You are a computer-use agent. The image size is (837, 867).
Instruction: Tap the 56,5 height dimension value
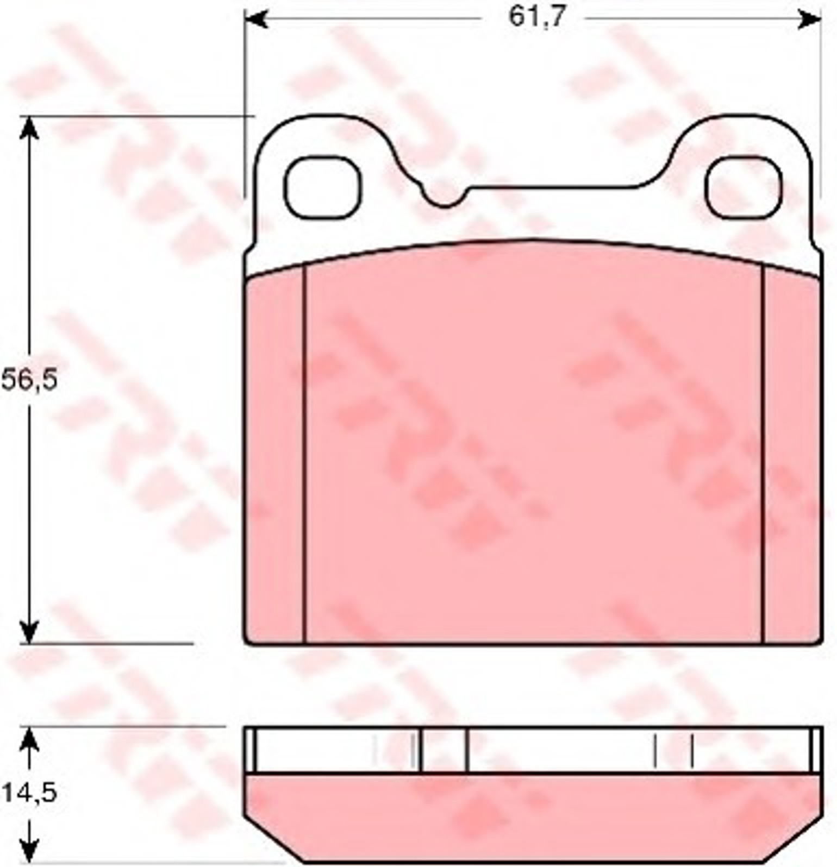[29, 380]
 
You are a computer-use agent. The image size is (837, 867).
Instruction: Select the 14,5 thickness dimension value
[29, 793]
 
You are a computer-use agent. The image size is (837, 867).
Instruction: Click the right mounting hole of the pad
[744, 187]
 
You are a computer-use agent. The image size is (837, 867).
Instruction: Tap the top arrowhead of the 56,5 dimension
[29, 127]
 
